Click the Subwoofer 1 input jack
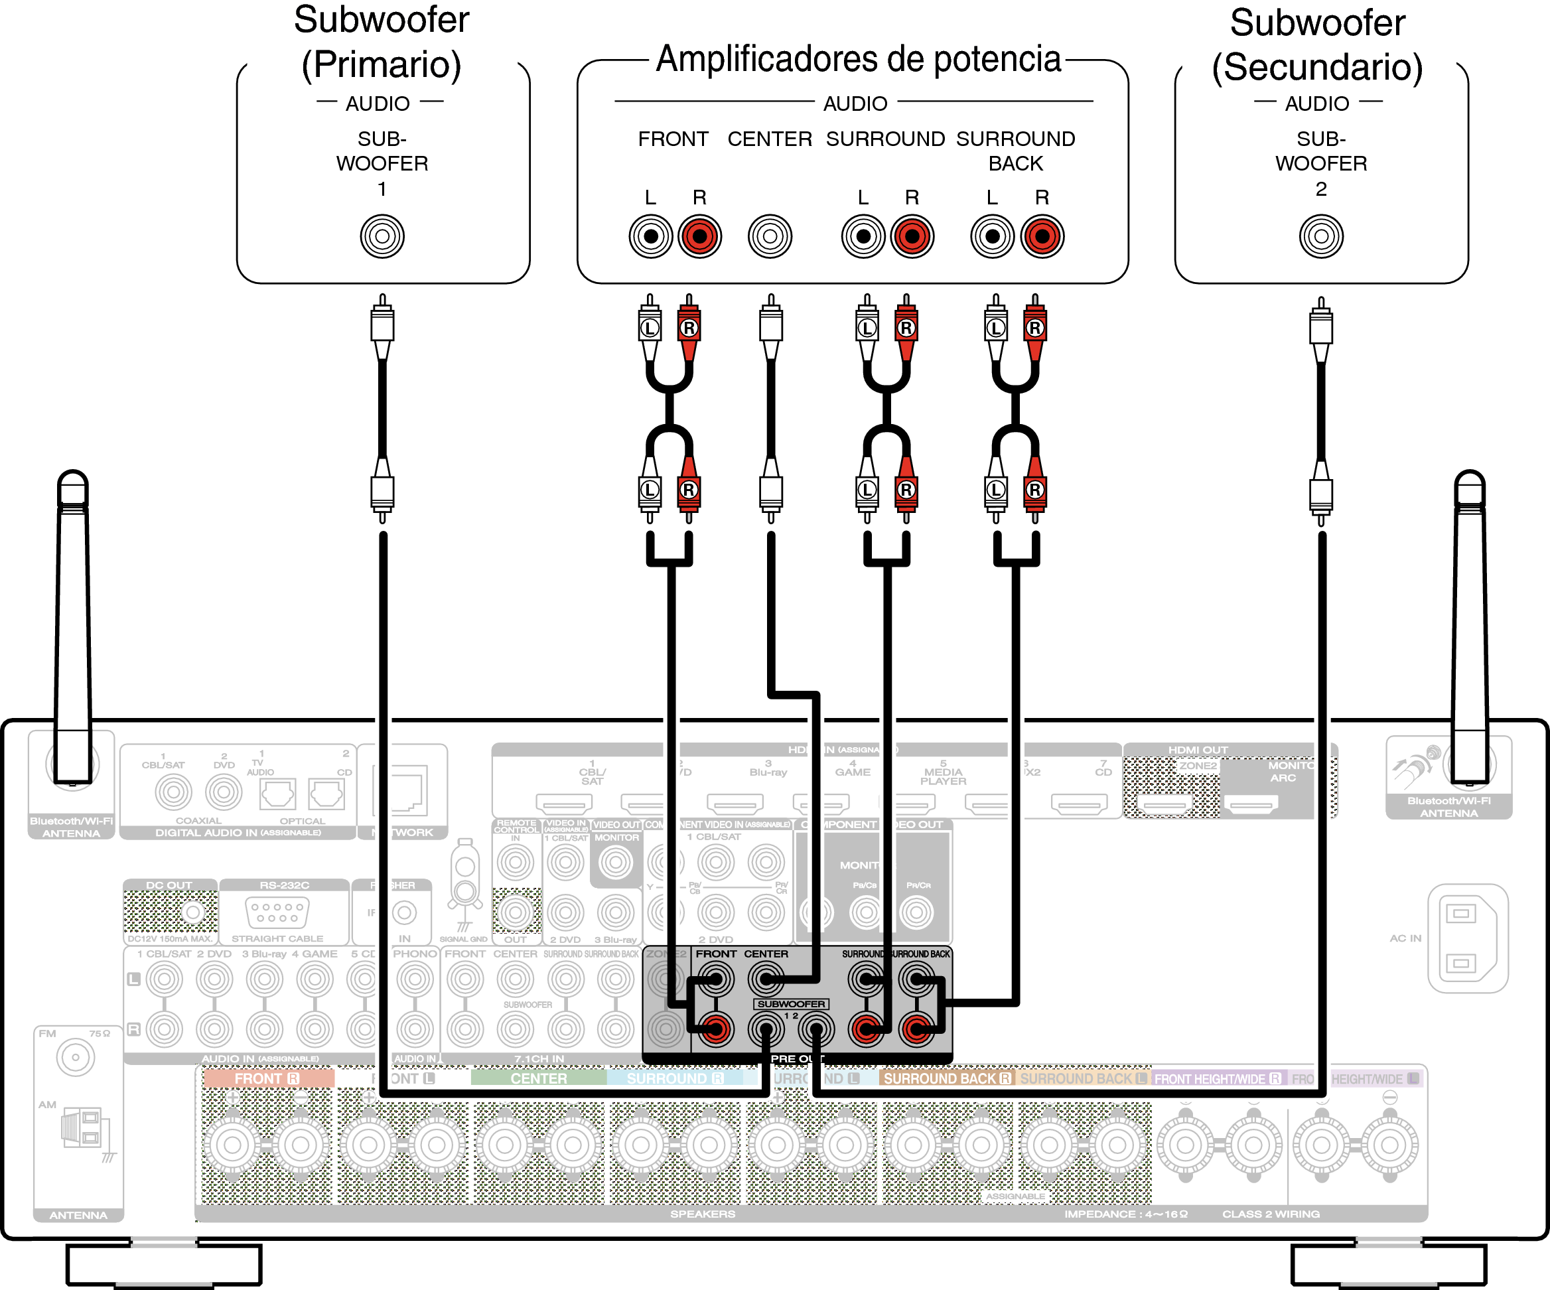[x=382, y=236]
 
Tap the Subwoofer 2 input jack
[x=1320, y=236]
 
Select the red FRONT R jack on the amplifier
[x=699, y=236]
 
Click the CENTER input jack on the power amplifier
[x=769, y=236]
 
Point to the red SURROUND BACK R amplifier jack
[x=1042, y=236]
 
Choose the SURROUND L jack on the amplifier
[x=863, y=236]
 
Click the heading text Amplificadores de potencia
[x=858, y=59]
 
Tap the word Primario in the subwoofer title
[x=382, y=65]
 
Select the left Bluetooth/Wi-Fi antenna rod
[x=73, y=627]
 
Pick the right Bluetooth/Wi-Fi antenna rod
[x=1469, y=627]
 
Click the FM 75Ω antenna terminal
[x=74, y=1058]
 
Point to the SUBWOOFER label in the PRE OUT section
[x=790, y=1003]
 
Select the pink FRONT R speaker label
[x=267, y=1078]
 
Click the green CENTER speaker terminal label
[x=538, y=1078]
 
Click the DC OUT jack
[x=192, y=912]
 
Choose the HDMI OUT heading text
[x=1197, y=750]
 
